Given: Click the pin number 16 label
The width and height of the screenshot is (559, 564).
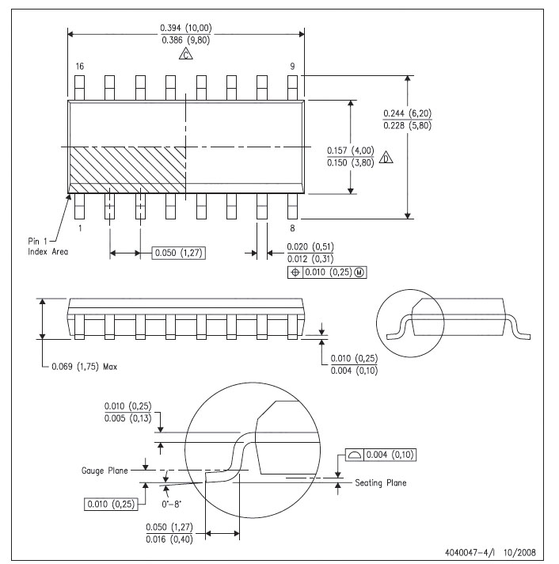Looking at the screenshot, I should point(79,67).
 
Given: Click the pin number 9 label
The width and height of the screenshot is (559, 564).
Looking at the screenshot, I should point(293,67).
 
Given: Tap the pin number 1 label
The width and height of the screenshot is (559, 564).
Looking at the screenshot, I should point(79,227).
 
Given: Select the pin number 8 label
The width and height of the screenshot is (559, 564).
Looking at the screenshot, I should point(293,227).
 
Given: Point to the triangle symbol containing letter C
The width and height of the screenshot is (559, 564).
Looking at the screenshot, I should point(185,55).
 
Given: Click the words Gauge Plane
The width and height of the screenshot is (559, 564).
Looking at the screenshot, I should point(106,470).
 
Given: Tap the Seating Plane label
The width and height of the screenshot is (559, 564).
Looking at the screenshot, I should point(381,483).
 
